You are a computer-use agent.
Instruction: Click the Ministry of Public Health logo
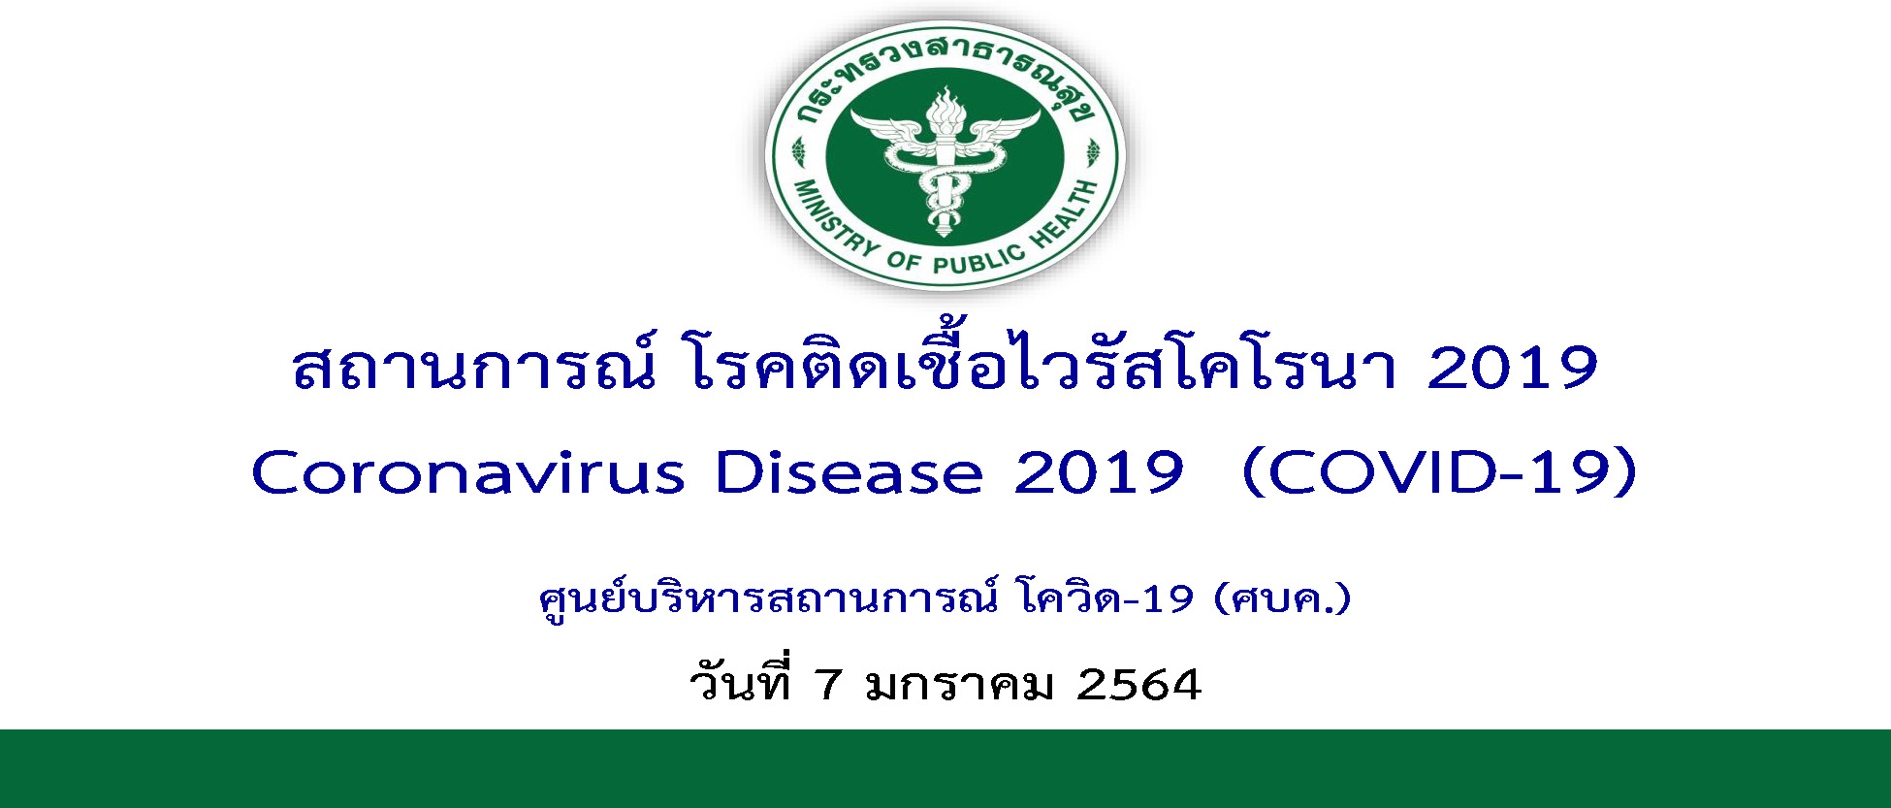pyautogui.click(x=945, y=155)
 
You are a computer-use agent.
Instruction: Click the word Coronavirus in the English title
pyautogui.click(x=468, y=473)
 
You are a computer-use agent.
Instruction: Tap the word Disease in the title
pyautogui.click(x=849, y=473)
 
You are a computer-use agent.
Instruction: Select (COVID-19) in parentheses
pyautogui.click(x=1440, y=473)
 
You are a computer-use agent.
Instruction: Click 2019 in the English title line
pyautogui.click(x=1099, y=473)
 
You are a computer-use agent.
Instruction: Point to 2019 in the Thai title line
pyautogui.click(x=1513, y=369)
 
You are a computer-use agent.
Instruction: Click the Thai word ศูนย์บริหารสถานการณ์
pyautogui.click(x=767, y=598)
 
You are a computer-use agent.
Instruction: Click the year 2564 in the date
pyautogui.click(x=1139, y=685)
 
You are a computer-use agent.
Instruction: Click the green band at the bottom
pyautogui.click(x=945, y=768)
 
